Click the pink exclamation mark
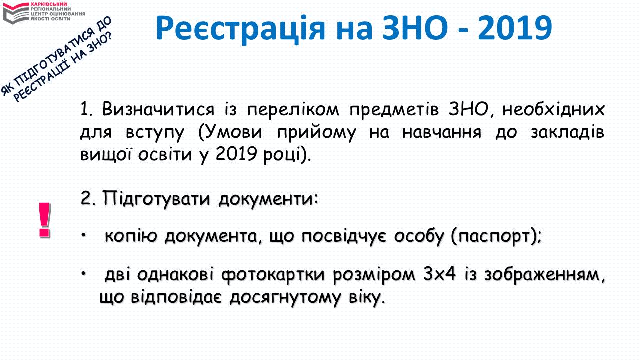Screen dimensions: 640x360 coord(45,220)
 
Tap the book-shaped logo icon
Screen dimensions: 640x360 coord(16,13)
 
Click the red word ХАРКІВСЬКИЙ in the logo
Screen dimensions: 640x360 coord(49,4)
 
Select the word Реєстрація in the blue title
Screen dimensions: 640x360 coord(240,29)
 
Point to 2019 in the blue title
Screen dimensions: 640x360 coord(515,28)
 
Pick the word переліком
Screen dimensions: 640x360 coord(293,110)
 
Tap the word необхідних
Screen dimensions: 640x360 coord(553,109)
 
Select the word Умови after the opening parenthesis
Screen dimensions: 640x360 coord(233,133)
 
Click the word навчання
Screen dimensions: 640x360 coord(442,133)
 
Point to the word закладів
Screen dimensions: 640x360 coord(567,133)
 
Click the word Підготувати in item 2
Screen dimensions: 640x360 coord(156,199)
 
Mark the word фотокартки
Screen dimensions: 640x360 coord(273,275)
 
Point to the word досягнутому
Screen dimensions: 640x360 coord(285,298)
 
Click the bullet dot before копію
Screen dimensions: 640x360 coord(83,235)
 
